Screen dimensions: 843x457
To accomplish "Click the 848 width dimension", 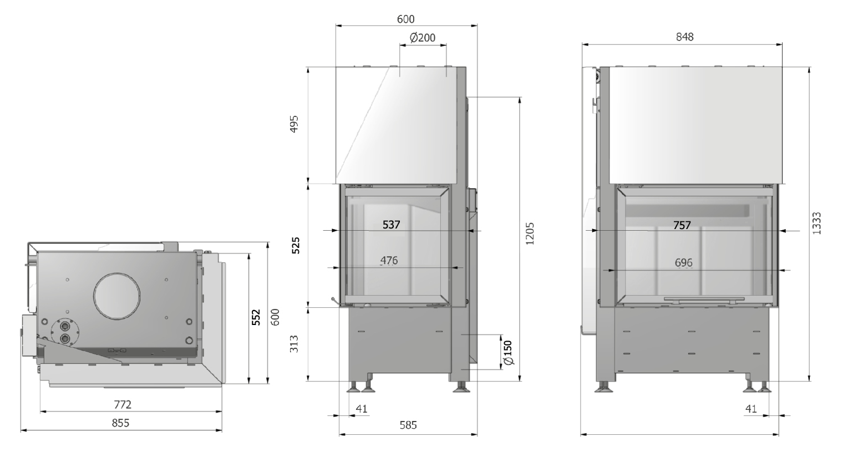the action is pos(684,37).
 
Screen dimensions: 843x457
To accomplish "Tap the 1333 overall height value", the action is pos(816,224).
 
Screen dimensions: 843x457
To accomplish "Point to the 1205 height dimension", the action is pos(530,234).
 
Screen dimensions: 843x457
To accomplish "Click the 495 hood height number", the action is pos(294,124).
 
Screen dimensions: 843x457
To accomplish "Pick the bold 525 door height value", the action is pos(296,246).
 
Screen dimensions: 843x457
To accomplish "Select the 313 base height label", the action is pos(294,344).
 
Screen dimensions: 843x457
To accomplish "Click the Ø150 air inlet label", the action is pos(507,353).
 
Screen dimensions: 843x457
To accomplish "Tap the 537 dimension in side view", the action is pos(391,225).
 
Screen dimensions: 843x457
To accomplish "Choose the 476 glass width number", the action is pos(389,260).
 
